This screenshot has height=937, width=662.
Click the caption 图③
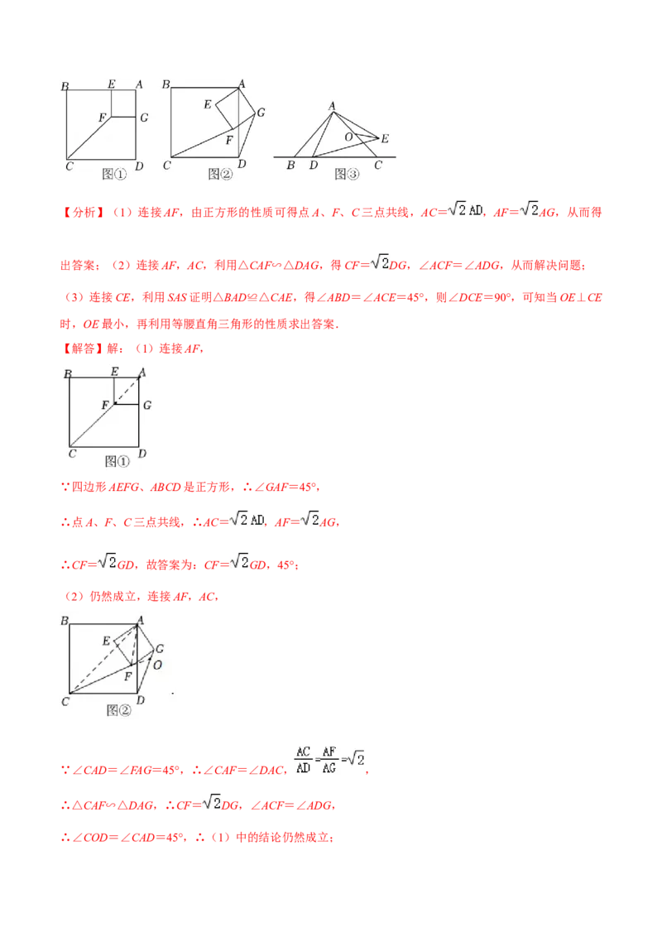coord(347,174)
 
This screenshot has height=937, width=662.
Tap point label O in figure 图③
coord(348,136)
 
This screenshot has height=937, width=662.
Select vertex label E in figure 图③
coord(385,138)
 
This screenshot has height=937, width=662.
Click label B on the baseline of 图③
coord(290,166)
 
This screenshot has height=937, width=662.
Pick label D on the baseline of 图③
coord(313,166)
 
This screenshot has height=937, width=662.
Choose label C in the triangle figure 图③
coord(377,166)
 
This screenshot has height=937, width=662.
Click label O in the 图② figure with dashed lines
coord(156,664)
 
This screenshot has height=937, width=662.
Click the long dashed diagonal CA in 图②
coord(103,660)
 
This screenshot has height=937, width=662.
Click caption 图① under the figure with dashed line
coord(117,461)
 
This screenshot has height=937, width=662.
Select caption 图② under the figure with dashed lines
coord(119,709)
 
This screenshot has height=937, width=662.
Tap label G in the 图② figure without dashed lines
coord(261,113)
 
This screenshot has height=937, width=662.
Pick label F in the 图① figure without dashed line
coord(102,118)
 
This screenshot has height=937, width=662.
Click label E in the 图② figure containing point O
coord(106,641)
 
